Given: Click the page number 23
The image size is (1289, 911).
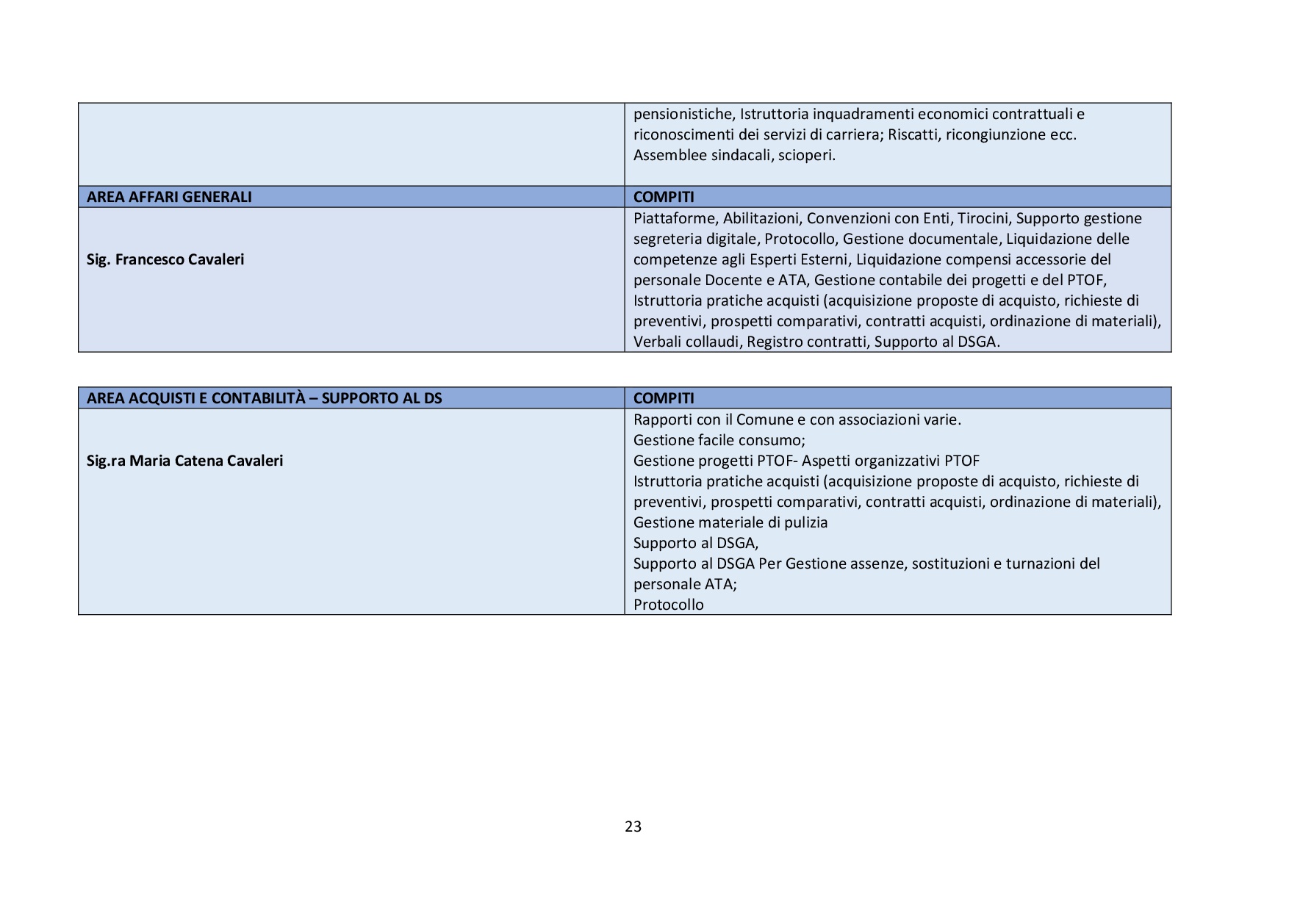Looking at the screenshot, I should [633, 827].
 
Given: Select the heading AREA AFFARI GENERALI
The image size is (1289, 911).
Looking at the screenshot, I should [169, 197].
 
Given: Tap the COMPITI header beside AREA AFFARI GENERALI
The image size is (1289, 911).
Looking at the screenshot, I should [664, 197].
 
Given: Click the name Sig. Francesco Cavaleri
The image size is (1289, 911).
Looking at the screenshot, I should [165, 259].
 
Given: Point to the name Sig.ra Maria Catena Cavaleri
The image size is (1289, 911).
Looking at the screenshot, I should [184, 461].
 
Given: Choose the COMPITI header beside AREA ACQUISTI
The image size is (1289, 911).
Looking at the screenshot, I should [664, 398].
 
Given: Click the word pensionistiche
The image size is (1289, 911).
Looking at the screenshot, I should [683, 114].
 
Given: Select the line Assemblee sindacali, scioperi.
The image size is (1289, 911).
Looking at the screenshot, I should [734, 155].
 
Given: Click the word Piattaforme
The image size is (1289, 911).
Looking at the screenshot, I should [674, 218].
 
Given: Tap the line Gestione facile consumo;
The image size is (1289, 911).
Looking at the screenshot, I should [719, 440].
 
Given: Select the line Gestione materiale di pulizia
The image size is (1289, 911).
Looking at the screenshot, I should [730, 522].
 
